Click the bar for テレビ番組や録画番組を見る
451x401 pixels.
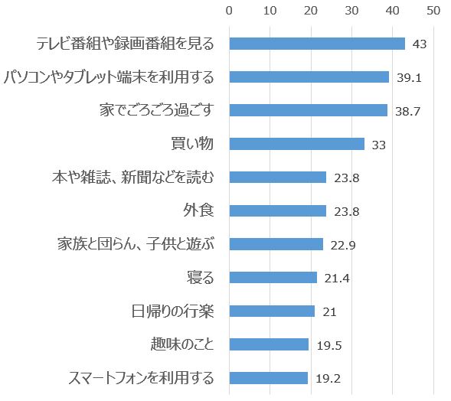point(317,44)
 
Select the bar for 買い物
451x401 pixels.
point(296,144)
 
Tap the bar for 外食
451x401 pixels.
point(278,210)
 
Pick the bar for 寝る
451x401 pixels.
point(273,277)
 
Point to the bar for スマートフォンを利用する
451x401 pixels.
point(268,378)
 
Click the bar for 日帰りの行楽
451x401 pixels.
point(272,311)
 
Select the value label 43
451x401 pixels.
point(419,44)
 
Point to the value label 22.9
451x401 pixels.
point(342,245)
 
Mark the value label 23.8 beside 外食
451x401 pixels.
point(346,211)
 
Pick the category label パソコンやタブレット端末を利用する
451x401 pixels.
point(108,77)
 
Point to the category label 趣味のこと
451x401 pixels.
point(182,344)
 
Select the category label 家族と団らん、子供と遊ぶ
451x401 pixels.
point(136,244)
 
